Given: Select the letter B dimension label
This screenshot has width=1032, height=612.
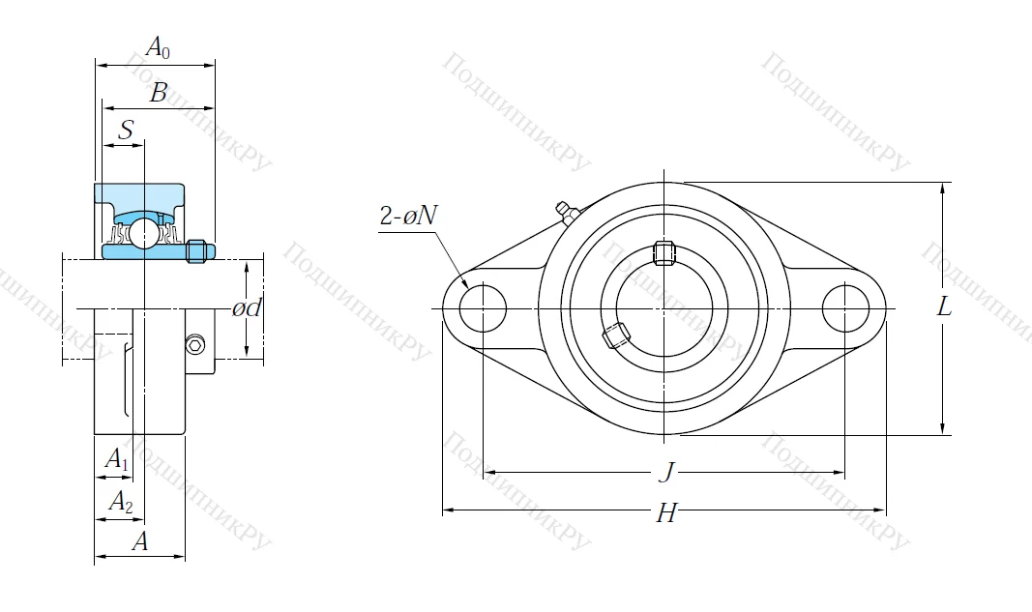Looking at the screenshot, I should click(159, 93).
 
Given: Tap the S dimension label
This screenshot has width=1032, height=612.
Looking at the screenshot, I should click(125, 130).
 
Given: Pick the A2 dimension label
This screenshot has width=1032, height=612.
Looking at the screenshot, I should click(120, 501).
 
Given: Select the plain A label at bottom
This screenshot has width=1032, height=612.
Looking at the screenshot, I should click(140, 542).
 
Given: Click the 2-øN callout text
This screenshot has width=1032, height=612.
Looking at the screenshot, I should click(407, 217).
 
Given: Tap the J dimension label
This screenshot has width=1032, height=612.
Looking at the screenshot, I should click(664, 472).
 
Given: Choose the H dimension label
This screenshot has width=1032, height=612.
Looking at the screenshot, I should click(665, 512).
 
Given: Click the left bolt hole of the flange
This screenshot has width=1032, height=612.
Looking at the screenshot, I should click(482, 308).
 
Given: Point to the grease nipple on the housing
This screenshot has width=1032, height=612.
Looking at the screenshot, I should click(565, 212).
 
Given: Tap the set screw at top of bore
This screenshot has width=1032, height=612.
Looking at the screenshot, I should click(663, 252).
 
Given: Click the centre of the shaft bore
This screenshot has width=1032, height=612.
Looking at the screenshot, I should click(664, 308).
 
